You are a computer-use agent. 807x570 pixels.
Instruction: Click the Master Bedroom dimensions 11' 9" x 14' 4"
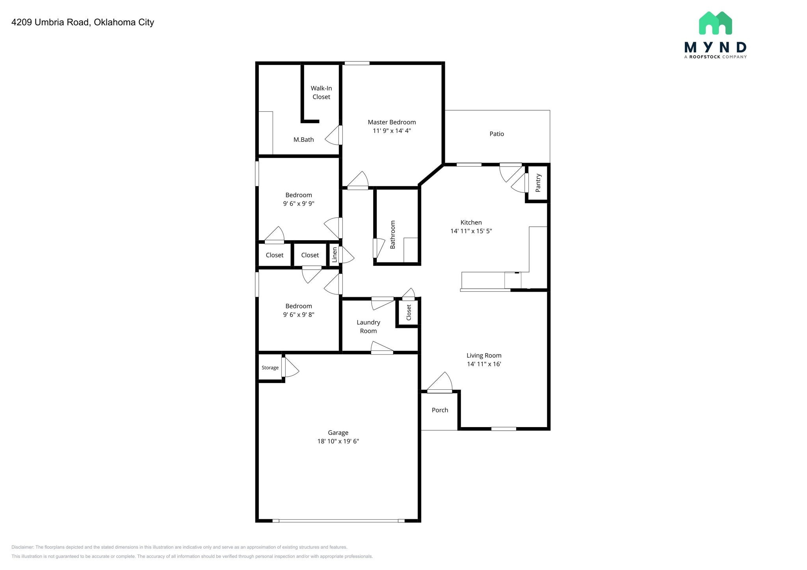point(392,131)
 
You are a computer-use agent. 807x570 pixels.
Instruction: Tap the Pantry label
point(538,183)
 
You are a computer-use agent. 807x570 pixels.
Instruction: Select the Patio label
point(496,134)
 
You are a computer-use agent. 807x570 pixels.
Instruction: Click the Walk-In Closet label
point(321,93)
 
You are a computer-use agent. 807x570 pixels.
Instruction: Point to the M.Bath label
point(303,139)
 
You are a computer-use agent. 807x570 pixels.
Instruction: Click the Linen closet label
point(335,255)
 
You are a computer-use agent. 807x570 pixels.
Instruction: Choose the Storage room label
point(270,368)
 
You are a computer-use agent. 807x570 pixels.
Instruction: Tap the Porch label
point(440,410)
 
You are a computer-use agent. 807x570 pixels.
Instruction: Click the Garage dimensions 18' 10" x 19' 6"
point(338,441)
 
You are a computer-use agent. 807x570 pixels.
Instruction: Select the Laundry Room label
point(368,327)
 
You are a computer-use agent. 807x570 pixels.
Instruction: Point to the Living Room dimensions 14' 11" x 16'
point(484,364)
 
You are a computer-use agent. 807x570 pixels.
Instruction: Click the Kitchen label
point(471,222)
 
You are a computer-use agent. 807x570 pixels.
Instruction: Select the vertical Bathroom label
point(392,235)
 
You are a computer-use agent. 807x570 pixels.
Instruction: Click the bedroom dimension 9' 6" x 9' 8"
point(298,315)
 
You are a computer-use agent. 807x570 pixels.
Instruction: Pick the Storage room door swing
point(291,368)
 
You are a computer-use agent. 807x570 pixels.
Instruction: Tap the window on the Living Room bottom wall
point(504,429)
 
